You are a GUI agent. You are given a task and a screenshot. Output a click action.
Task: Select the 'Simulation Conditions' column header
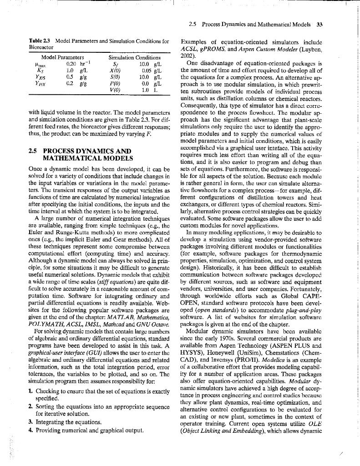(x=135, y=58)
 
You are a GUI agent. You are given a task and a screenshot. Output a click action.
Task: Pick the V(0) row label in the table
(x=113, y=90)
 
